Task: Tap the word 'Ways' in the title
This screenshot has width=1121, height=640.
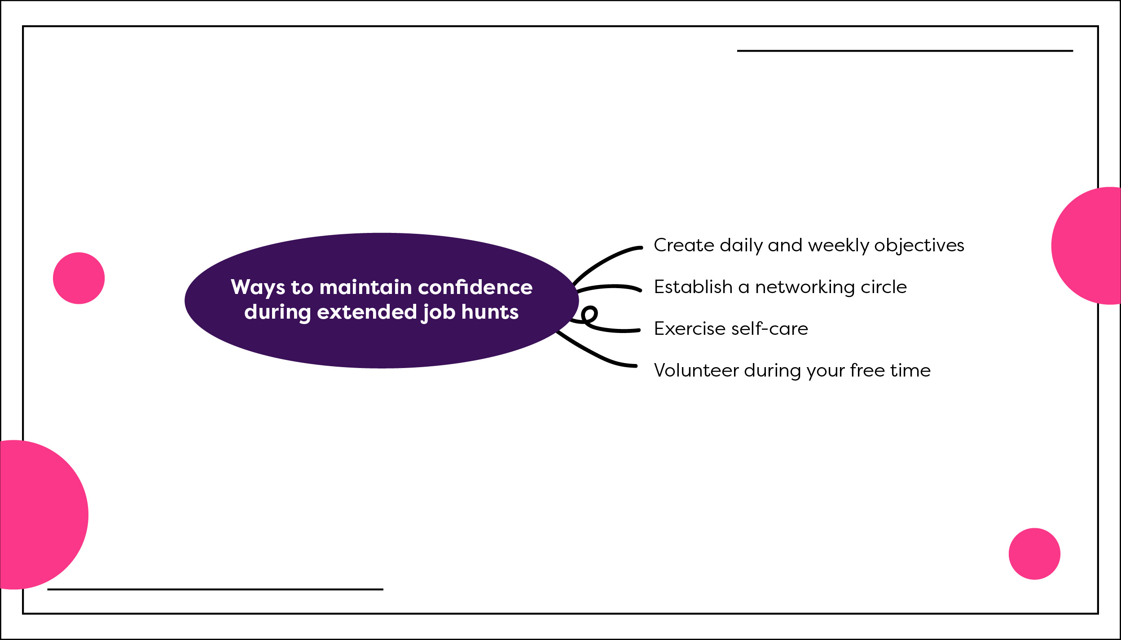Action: click(x=258, y=288)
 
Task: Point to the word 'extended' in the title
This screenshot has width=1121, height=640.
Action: click(x=367, y=311)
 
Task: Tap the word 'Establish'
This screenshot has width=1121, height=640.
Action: click(x=693, y=286)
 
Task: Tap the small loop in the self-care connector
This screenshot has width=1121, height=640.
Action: click(x=589, y=314)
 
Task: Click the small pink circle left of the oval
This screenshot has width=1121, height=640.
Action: click(x=79, y=278)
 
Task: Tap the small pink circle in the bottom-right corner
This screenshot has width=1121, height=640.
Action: click(x=1035, y=554)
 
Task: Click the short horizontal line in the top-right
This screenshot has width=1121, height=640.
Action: click(x=905, y=51)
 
